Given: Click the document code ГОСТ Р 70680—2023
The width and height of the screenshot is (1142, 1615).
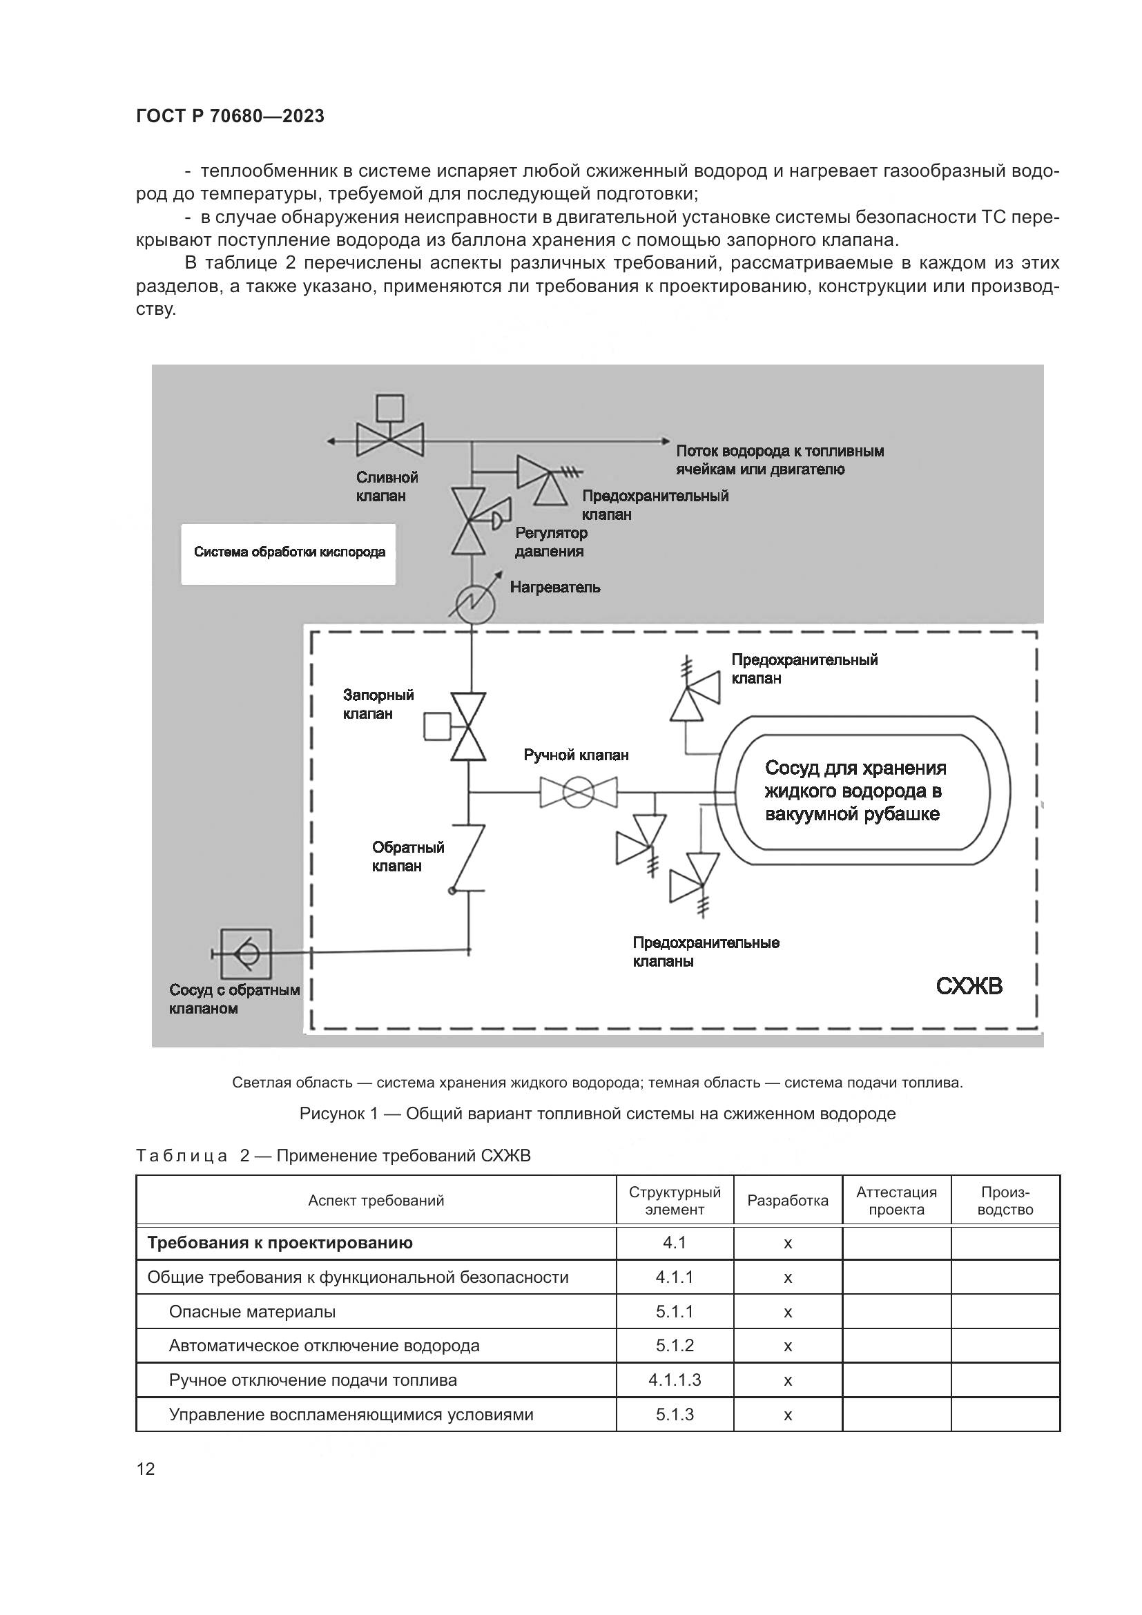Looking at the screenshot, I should pos(230,116).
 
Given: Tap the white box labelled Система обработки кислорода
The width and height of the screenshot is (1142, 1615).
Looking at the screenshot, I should pos(289,552).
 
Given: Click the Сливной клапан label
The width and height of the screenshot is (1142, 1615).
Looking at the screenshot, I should pos(386,486).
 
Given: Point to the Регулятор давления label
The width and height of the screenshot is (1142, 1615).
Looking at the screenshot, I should pos(550,541).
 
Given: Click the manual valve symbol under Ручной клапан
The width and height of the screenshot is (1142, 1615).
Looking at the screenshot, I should pos(578,792).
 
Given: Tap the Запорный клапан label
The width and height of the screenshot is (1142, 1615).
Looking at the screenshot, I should pos(378,704).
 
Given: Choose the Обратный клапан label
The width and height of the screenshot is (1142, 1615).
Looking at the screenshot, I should pos(408,856).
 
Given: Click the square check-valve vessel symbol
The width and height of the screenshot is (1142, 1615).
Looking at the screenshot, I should pos(245,953).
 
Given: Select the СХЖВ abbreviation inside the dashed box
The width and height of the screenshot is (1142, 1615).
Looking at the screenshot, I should pos(968,986).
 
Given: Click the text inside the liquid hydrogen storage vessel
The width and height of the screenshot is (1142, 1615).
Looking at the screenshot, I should pos(854,791).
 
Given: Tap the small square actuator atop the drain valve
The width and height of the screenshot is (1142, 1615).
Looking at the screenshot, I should pos(389,407).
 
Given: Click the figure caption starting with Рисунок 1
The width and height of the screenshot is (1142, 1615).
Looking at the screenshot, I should pos(597,1114).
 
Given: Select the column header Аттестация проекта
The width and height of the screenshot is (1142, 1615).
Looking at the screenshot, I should pos(896,1201).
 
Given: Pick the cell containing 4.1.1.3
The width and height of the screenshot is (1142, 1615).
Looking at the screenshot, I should pos(675,1380).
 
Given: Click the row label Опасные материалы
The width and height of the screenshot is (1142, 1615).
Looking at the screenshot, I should pos(252,1311).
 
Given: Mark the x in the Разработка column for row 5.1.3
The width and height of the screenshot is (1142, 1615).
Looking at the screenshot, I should pos(788,1415).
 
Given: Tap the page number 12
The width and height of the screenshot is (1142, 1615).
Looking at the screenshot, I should pos(146,1469).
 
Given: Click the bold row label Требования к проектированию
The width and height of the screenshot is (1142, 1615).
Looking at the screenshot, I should pos(280,1242).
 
